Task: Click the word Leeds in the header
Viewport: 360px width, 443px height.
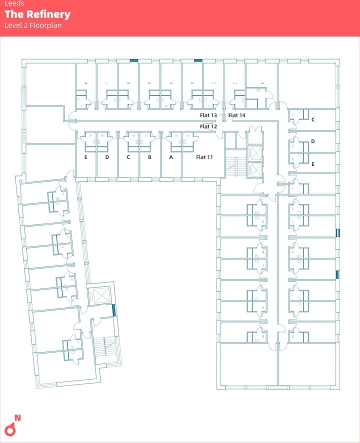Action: point(14,3)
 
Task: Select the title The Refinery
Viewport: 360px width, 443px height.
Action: point(37,14)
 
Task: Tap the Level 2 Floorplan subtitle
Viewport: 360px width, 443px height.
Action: point(33,25)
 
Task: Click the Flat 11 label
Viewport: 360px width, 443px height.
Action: point(204,157)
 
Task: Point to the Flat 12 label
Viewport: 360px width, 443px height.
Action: point(208,126)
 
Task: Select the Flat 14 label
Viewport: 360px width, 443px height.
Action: point(236,115)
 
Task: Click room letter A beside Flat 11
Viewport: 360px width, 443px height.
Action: point(171,157)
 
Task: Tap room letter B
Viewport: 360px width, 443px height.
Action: point(149,157)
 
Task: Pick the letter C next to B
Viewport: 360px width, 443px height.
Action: point(128,157)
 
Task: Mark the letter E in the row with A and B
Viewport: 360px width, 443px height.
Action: point(86,157)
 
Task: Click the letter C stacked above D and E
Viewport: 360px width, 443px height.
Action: point(313,120)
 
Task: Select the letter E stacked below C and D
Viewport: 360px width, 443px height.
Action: point(313,164)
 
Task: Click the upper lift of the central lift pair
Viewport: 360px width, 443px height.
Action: point(254,153)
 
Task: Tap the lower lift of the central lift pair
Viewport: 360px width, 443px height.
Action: point(254,170)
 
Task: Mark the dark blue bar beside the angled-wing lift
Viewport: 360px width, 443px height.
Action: point(114,310)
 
